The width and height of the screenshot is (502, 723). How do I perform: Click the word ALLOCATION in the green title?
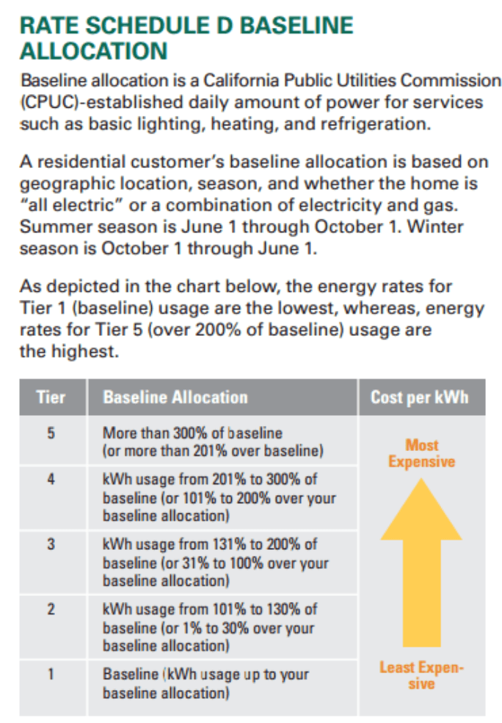point(93,51)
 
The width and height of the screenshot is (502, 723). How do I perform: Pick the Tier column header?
point(51,398)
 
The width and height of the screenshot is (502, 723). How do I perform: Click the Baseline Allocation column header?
point(175,398)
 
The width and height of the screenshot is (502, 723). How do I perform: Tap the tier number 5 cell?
point(51,433)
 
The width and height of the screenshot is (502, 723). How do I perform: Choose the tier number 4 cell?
point(51,480)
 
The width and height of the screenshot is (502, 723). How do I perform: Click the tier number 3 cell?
point(51,545)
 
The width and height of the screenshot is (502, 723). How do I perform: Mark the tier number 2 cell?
point(51,609)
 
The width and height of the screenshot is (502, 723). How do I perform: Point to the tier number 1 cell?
point(51,674)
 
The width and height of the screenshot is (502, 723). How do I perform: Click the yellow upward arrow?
point(421,561)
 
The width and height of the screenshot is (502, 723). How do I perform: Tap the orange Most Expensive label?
point(421,453)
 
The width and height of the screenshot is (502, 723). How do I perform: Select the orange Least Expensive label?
point(421,675)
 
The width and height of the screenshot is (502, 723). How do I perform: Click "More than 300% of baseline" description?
point(193,433)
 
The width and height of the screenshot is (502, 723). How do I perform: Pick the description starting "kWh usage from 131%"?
point(210,545)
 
